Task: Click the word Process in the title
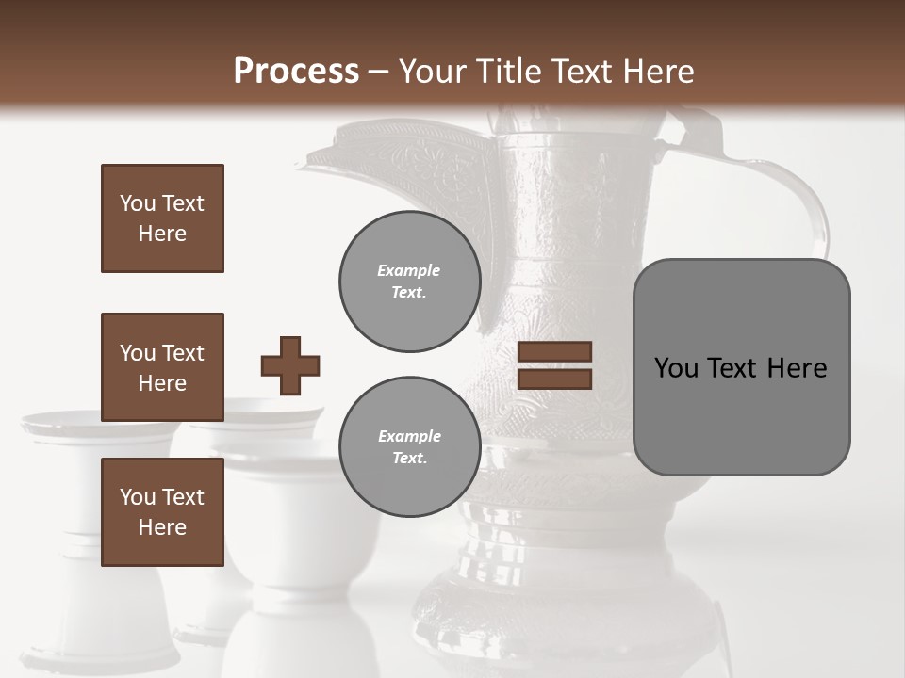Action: click(296, 71)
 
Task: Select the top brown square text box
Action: click(162, 218)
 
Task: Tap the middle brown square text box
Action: click(162, 367)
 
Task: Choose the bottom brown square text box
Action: click(162, 512)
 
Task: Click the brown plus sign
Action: click(290, 365)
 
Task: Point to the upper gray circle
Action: click(409, 282)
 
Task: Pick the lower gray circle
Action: click(409, 447)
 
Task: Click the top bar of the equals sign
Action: click(555, 352)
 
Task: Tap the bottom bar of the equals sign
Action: click(555, 379)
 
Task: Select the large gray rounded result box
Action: click(741, 367)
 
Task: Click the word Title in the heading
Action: click(508, 72)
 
